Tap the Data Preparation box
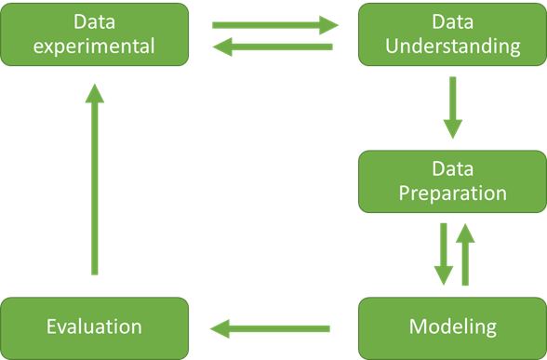(x=452, y=180)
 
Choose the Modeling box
(x=452, y=327)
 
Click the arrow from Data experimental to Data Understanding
(x=275, y=25)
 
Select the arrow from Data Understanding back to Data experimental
(x=275, y=47)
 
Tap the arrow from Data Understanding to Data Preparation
(x=452, y=107)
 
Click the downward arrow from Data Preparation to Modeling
(x=444, y=254)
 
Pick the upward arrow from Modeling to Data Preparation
(x=465, y=254)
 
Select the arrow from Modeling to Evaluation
(x=270, y=327)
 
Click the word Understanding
(x=452, y=46)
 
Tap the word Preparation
(x=452, y=193)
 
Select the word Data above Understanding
(x=452, y=20)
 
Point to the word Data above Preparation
(x=452, y=168)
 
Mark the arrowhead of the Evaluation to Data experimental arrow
(x=94, y=91)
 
